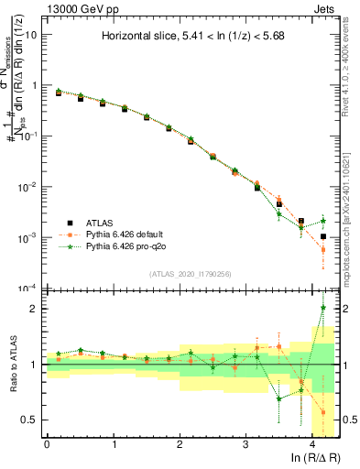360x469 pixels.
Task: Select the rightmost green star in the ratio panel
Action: click(323, 307)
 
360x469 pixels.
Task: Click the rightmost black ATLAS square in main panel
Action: click(323, 236)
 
